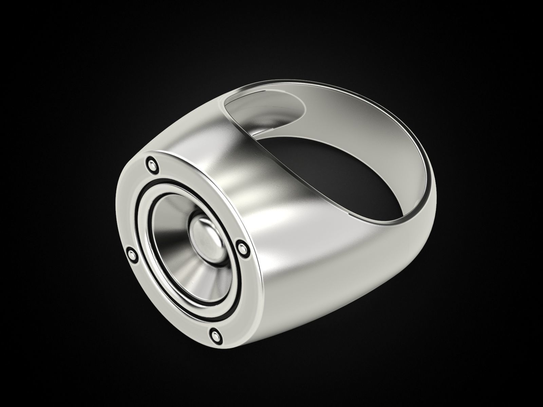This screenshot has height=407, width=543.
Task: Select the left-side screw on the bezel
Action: (131, 253)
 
